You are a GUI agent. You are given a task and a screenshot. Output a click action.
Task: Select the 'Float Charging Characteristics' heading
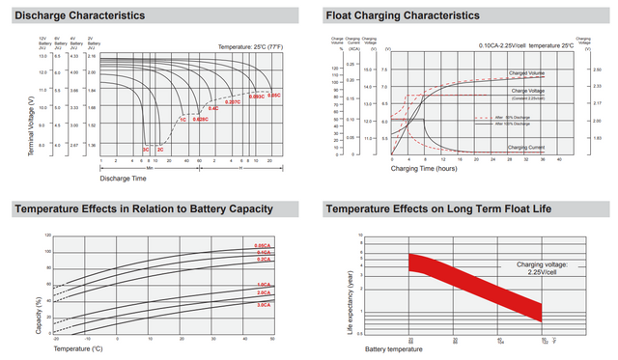[x=403, y=16]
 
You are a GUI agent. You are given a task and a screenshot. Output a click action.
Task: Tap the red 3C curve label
[x=146, y=151]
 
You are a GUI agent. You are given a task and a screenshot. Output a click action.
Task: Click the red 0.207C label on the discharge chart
[x=232, y=101]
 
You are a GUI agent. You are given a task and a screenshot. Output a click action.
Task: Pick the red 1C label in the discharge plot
[x=183, y=119]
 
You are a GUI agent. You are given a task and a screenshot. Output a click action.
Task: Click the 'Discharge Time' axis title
[x=125, y=178]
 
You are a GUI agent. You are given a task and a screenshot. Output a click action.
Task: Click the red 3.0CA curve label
[x=263, y=305]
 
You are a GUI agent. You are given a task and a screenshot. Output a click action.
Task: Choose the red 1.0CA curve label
[x=263, y=285]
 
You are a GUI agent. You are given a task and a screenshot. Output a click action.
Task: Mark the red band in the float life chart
[x=473, y=285]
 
